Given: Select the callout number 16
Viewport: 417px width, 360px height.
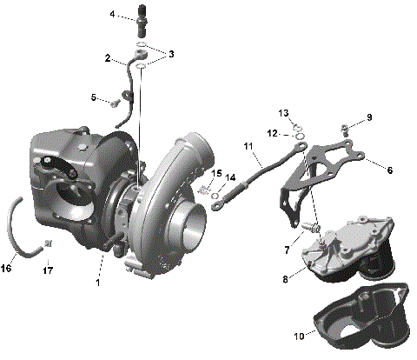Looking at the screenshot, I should click(7, 269).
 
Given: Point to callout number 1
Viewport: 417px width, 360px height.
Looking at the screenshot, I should click(98, 283).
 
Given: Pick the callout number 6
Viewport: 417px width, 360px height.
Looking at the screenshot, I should click(388, 170).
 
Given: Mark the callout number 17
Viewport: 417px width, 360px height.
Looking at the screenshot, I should click(50, 269).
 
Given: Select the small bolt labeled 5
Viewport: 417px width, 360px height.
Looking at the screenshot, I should click(113, 103).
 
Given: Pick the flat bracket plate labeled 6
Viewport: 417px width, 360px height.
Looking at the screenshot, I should click(339, 161).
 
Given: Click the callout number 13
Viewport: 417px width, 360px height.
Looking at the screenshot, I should click(284, 114).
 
